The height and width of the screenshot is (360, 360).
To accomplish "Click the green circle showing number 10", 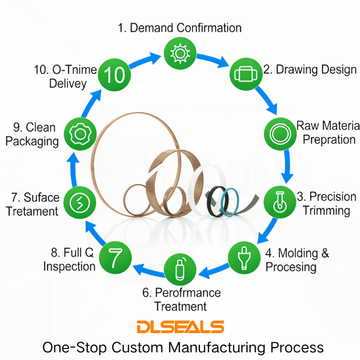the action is click(114, 74).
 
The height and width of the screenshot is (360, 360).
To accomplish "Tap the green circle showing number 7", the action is click(115, 258).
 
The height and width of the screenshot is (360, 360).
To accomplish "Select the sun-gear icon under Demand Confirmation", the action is click(180, 53).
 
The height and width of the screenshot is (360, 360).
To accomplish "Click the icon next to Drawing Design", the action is click(246, 74).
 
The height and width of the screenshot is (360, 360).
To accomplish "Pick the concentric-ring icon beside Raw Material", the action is click(280, 134).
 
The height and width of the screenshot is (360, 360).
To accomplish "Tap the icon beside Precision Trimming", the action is click(280, 202).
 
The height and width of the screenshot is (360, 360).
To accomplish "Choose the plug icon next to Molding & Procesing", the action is click(244, 258).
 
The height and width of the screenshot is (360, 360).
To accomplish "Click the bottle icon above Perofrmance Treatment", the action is click(180, 269).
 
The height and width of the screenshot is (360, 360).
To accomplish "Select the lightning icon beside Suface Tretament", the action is click(80, 203).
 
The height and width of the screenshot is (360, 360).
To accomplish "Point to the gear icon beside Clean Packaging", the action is click(80, 134).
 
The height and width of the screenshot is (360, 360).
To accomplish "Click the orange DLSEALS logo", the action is click(180, 326).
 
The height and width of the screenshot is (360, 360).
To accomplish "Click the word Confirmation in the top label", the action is click(209, 28).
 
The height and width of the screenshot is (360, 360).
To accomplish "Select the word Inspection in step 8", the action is click(69, 267).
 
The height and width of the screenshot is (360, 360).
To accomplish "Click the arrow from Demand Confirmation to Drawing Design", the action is click(212, 60).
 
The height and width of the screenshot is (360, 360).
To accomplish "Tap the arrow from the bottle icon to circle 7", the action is click(148, 270).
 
